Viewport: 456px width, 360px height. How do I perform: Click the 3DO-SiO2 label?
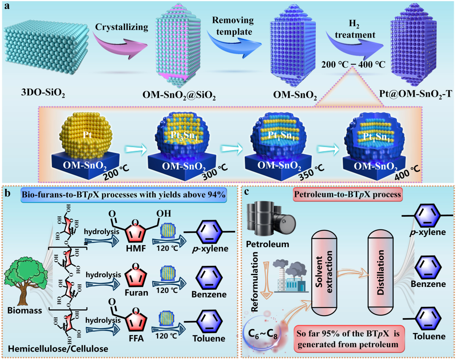(43, 93)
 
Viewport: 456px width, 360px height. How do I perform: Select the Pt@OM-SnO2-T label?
(415, 94)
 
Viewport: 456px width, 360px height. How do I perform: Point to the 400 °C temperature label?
(407, 173)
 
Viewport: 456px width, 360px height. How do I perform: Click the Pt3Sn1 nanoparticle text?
(184, 136)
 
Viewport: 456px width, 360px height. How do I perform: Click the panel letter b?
(8, 193)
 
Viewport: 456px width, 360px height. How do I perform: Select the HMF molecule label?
(136, 248)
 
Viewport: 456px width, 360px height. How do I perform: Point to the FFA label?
(136, 338)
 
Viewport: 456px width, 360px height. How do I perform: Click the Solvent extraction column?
(324, 273)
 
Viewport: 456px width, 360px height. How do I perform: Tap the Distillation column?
(381, 273)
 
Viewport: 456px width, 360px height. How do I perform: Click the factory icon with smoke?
(291, 276)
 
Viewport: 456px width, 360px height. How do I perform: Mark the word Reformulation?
(254, 282)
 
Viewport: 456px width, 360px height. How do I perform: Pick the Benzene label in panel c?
(428, 284)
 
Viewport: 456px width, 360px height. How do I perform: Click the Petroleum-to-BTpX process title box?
(347, 194)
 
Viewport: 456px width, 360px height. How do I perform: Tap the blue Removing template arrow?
(234, 43)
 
